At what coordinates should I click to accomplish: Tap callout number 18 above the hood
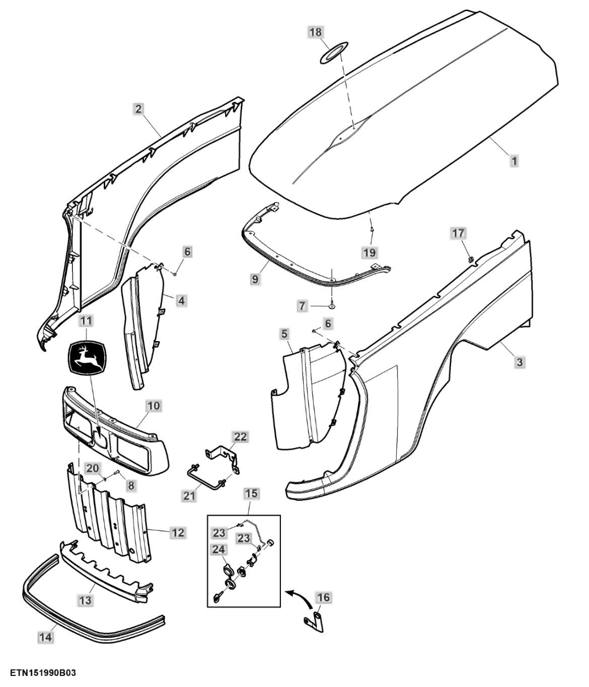(315, 32)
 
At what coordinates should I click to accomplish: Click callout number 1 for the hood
(514, 161)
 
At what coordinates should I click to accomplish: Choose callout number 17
(458, 233)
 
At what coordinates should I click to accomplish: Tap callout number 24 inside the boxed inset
(218, 549)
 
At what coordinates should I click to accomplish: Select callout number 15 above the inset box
(251, 493)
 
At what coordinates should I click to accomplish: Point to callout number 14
(45, 637)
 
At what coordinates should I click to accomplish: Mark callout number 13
(86, 600)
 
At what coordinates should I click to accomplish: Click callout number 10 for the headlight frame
(154, 405)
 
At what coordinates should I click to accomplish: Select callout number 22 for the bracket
(241, 437)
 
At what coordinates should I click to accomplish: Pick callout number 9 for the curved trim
(256, 278)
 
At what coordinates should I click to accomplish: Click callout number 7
(302, 306)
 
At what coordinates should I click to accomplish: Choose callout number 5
(284, 333)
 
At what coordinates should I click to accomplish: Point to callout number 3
(520, 361)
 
